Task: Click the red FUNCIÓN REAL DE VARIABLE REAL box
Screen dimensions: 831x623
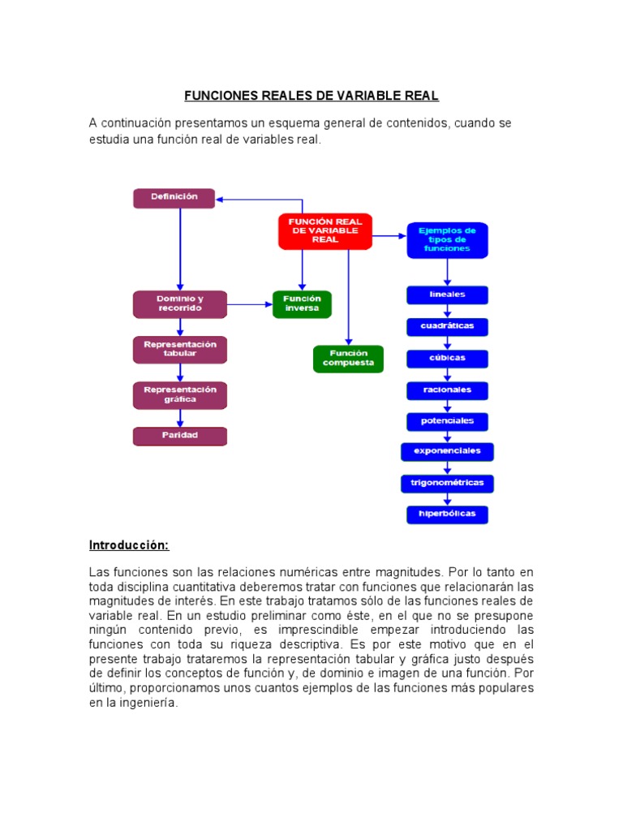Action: [x=324, y=231]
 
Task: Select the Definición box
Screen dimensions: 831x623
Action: [x=174, y=197]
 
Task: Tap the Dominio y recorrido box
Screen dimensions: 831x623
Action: [x=180, y=304]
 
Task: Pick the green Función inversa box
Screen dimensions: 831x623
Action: [x=302, y=304]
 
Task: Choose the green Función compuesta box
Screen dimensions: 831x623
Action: [x=348, y=359]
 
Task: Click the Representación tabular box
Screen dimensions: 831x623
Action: [x=180, y=349]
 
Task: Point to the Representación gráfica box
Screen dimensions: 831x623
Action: [x=180, y=395]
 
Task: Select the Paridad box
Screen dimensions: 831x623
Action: [x=180, y=436]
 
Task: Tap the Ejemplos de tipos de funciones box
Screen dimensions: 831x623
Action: [x=447, y=240]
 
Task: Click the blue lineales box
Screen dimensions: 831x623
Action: [x=447, y=295]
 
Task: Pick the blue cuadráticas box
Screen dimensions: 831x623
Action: [x=447, y=326]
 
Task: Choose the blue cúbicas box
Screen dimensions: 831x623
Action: [x=447, y=358]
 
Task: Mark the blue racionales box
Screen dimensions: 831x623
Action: [x=447, y=390]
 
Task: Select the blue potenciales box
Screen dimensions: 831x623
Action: [x=447, y=421]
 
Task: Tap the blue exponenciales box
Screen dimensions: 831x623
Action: [x=447, y=451]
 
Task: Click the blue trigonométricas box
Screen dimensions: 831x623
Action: [x=447, y=483]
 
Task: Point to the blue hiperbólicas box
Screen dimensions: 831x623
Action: [x=447, y=514]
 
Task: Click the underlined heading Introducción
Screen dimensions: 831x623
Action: [x=129, y=545]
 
